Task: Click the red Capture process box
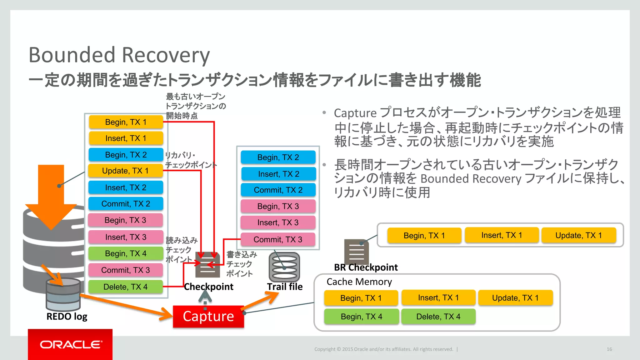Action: tap(208, 316)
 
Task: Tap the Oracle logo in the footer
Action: tap(70, 344)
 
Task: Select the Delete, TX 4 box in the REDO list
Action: tap(125, 287)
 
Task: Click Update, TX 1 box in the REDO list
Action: tap(125, 171)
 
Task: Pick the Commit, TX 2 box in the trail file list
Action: tap(278, 190)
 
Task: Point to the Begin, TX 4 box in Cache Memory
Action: tap(361, 317)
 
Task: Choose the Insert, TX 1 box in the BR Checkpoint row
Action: tap(502, 235)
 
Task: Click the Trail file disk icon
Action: tap(284, 267)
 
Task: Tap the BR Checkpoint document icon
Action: tap(356, 252)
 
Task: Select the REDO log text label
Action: tap(67, 316)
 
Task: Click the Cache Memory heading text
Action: tap(359, 282)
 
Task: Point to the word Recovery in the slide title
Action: tap(166, 55)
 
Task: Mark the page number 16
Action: tap(609, 349)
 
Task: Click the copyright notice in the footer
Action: tap(383, 349)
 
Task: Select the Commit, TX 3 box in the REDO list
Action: tap(125, 270)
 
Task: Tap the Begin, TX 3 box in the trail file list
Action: tap(278, 206)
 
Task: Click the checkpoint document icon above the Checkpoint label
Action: tap(207, 265)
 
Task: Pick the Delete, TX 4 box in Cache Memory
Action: tap(438, 317)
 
